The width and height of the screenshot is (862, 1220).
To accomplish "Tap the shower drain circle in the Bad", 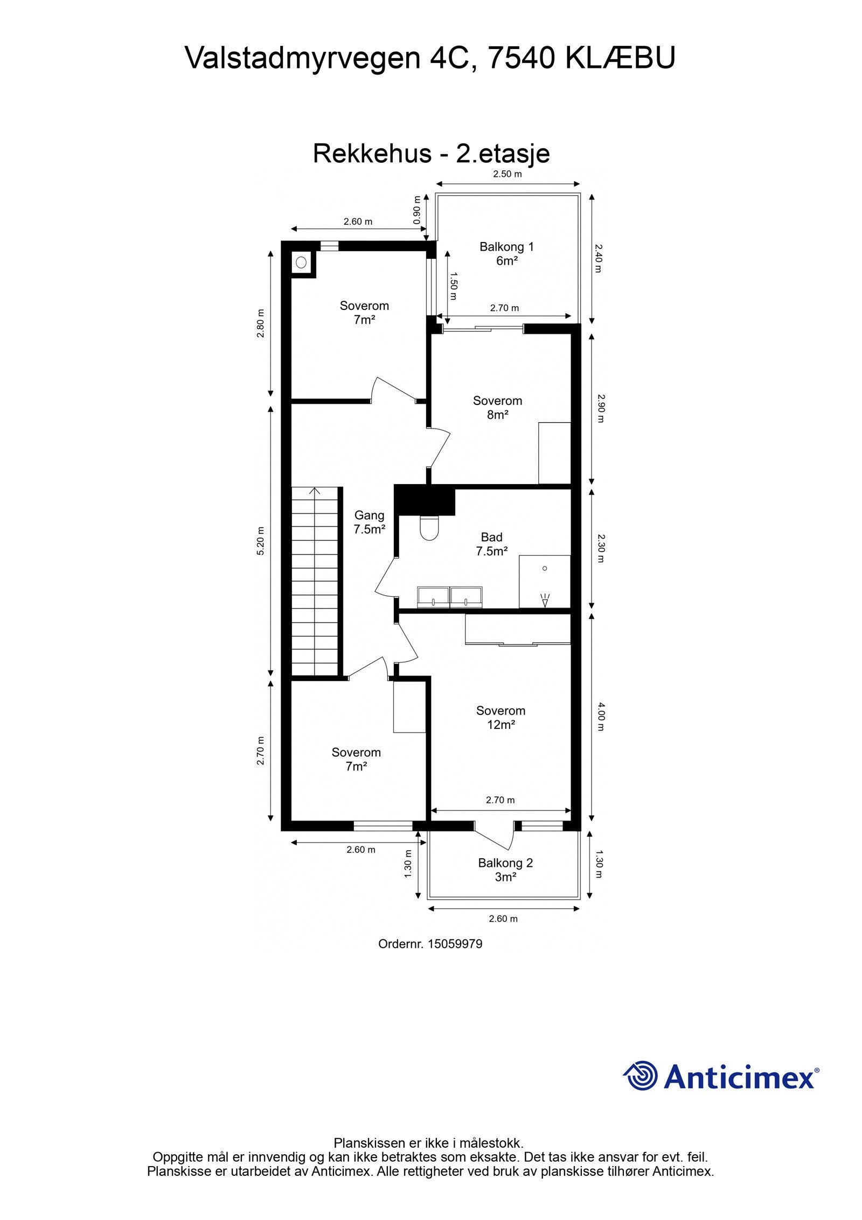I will click(545, 568).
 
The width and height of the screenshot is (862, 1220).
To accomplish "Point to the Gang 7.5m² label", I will click(369, 522).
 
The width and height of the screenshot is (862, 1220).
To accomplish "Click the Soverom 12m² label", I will click(500, 718).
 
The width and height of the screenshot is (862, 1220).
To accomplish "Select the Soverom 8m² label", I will click(497, 408).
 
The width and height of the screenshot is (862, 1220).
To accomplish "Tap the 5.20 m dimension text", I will click(261, 541).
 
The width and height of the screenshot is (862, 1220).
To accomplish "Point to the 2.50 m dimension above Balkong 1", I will click(508, 174).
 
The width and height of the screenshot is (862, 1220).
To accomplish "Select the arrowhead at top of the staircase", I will click(315, 491).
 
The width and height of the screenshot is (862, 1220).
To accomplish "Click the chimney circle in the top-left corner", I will click(301, 263).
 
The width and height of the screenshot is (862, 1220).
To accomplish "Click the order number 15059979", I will click(455, 944).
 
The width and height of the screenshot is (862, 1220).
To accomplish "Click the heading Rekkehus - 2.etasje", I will click(431, 154).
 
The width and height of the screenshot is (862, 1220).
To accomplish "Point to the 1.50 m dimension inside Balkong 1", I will click(453, 286).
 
